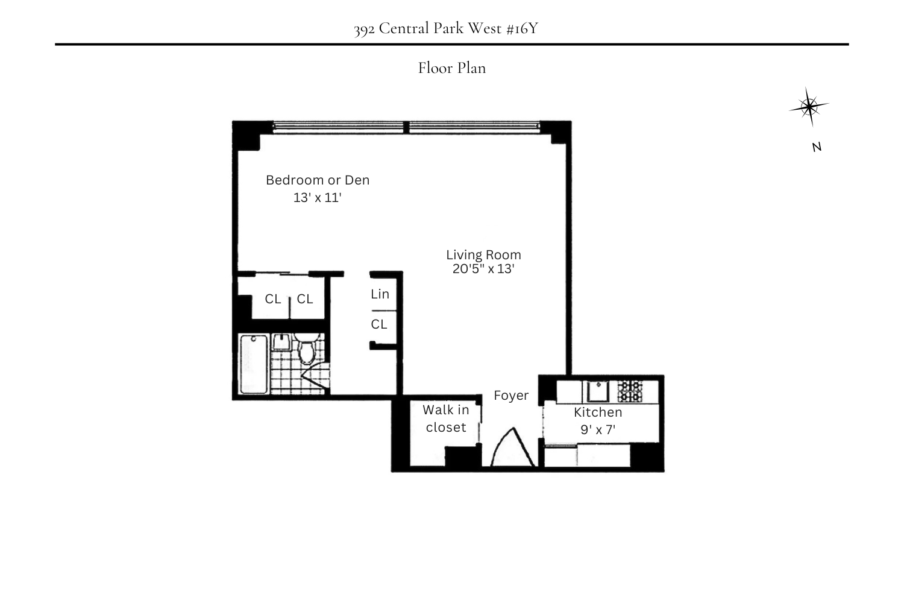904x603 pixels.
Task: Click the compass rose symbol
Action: (809, 107)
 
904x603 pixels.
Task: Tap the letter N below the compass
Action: (817, 147)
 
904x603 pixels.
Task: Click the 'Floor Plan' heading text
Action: (452, 68)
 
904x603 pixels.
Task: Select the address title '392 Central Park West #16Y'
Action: (446, 28)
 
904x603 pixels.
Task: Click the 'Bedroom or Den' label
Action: (318, 180)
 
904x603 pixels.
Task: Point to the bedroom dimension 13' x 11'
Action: (318, 197)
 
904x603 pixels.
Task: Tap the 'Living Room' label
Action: (483, 254)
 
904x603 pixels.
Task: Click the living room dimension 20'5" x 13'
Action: (483, 269)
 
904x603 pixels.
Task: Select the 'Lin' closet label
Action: (380, 294)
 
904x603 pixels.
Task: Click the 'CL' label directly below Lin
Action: (379, 324)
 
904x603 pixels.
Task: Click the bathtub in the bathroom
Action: (254, 364)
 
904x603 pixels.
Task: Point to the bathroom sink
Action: (281, 343)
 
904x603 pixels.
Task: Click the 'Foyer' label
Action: (511, 396)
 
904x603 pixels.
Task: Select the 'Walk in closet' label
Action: (446, 418)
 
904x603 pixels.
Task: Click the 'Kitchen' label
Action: (598, 412)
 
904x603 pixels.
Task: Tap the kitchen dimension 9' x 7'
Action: (598, 430)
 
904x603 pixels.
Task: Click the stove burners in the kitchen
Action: (630, 391)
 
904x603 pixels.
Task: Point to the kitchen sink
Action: (598, 391)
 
